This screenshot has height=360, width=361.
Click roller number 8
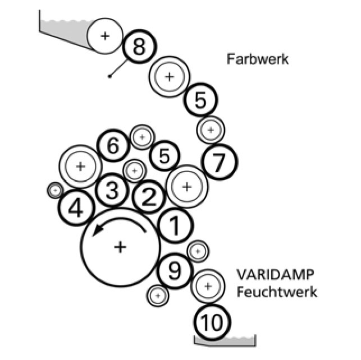[x=139, y=47]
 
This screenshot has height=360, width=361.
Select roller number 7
[x=220, y=163]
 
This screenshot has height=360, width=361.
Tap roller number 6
[x=113, y=147]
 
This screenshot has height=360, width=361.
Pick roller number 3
[x=112, y=191]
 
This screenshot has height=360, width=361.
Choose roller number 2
[x=149, y=197]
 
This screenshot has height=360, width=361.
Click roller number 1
[x=175, y=226]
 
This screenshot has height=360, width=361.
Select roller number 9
[x=175, y=271]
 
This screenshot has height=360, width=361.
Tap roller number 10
[x=213, y=322]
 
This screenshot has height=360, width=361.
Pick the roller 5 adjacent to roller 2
[x=164, y=156]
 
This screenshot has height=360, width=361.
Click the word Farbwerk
[x=258, y=59]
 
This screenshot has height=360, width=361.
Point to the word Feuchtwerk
[x=277, y=292]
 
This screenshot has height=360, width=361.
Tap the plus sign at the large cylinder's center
[x=120, y=247]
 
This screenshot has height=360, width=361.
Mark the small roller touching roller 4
[x=55, y=191]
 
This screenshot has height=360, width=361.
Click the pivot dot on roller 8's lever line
[x=110, y=76]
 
